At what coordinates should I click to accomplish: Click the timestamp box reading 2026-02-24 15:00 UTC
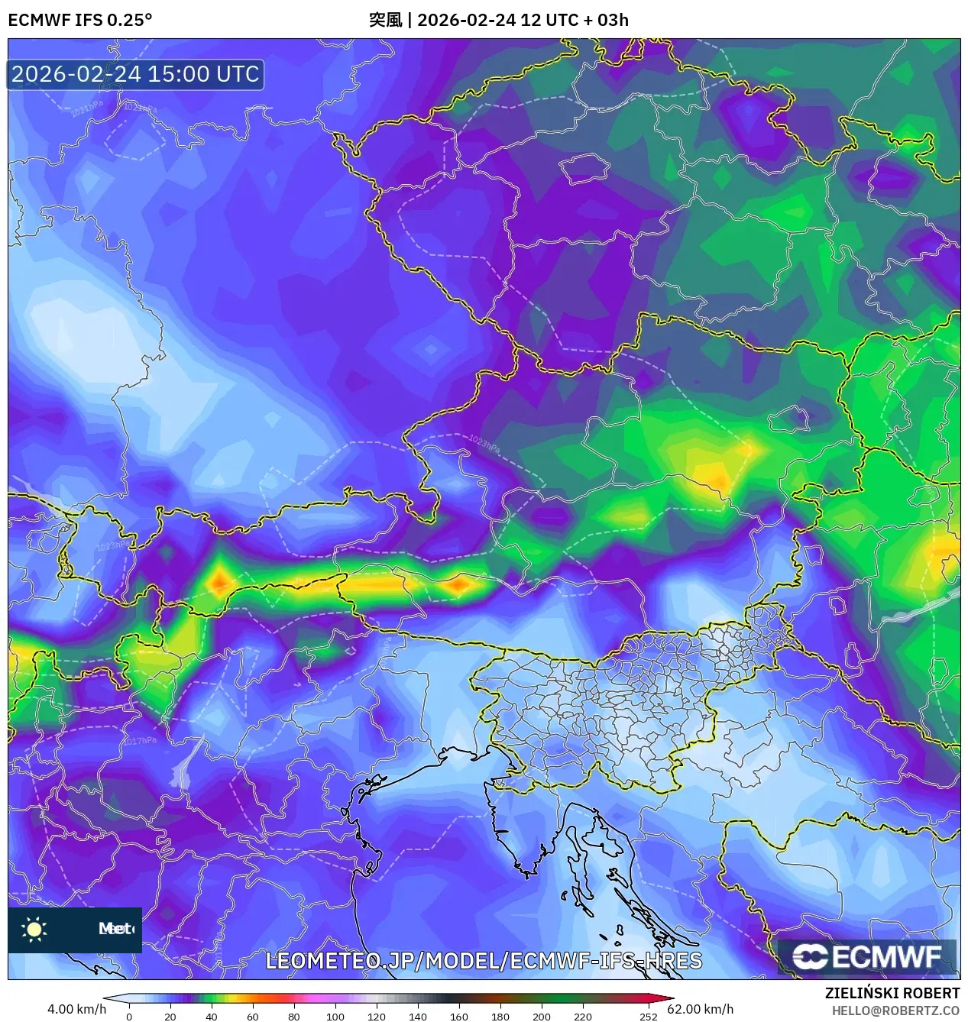(x=136, y=74)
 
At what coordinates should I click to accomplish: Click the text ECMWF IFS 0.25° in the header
(x=79, y=20)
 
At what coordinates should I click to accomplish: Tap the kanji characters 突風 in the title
(x=385, y=20)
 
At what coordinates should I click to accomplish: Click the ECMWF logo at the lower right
(x=867, y=957)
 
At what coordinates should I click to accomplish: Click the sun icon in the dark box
(x=34, y=929)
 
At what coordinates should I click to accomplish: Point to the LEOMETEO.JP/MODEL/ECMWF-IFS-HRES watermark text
(x=483, y=961)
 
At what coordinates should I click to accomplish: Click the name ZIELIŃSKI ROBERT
(x=892, y=993)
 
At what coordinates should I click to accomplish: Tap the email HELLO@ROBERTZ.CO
(x=895, y=1011)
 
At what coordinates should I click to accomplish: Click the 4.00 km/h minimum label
(x=76, y=1009)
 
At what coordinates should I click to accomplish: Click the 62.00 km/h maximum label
(x=700, y=1009)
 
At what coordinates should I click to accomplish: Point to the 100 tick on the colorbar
(x=335, y=1017)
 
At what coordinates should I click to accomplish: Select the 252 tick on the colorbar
(x=648, y=1017)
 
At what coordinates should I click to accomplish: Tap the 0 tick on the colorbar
(x=129, y=1017)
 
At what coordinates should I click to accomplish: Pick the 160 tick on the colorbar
(x=459, y=1017)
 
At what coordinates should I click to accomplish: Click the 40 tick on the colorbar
(x=212, y=1017)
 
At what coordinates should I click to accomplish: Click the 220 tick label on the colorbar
(x=583, y=1017)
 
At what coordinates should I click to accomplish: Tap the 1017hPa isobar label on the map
(x=139, y=741)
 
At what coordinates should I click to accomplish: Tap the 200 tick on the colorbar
(x=542, y=1017)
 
